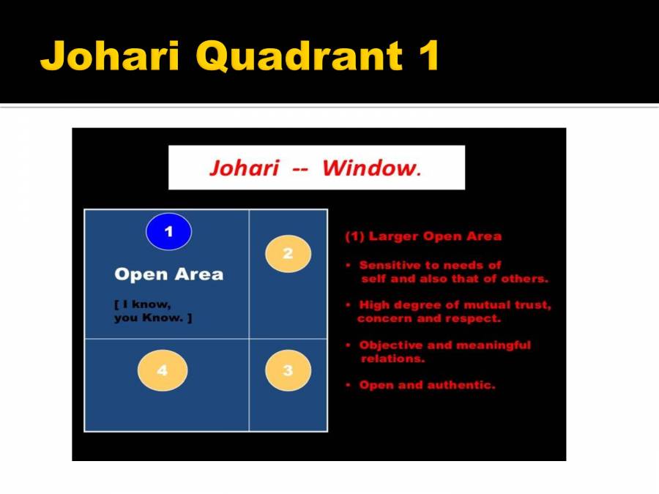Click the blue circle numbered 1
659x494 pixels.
(x=168, y=232)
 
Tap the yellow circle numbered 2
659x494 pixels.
(x=288, y=254)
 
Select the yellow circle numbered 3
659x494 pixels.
(x=288, y=371)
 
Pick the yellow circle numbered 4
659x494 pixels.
(x=163, y=371)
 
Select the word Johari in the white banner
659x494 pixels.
(x=244, y=168)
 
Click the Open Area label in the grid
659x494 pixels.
(x=168, y=274)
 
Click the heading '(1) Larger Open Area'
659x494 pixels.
(x=423, y=236)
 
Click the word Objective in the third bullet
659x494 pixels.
(x=390, y=345)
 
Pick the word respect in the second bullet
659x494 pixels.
(x=477, y=319)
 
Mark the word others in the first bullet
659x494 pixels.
(x=525, y=279)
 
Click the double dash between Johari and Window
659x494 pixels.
(x=300, y=169)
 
